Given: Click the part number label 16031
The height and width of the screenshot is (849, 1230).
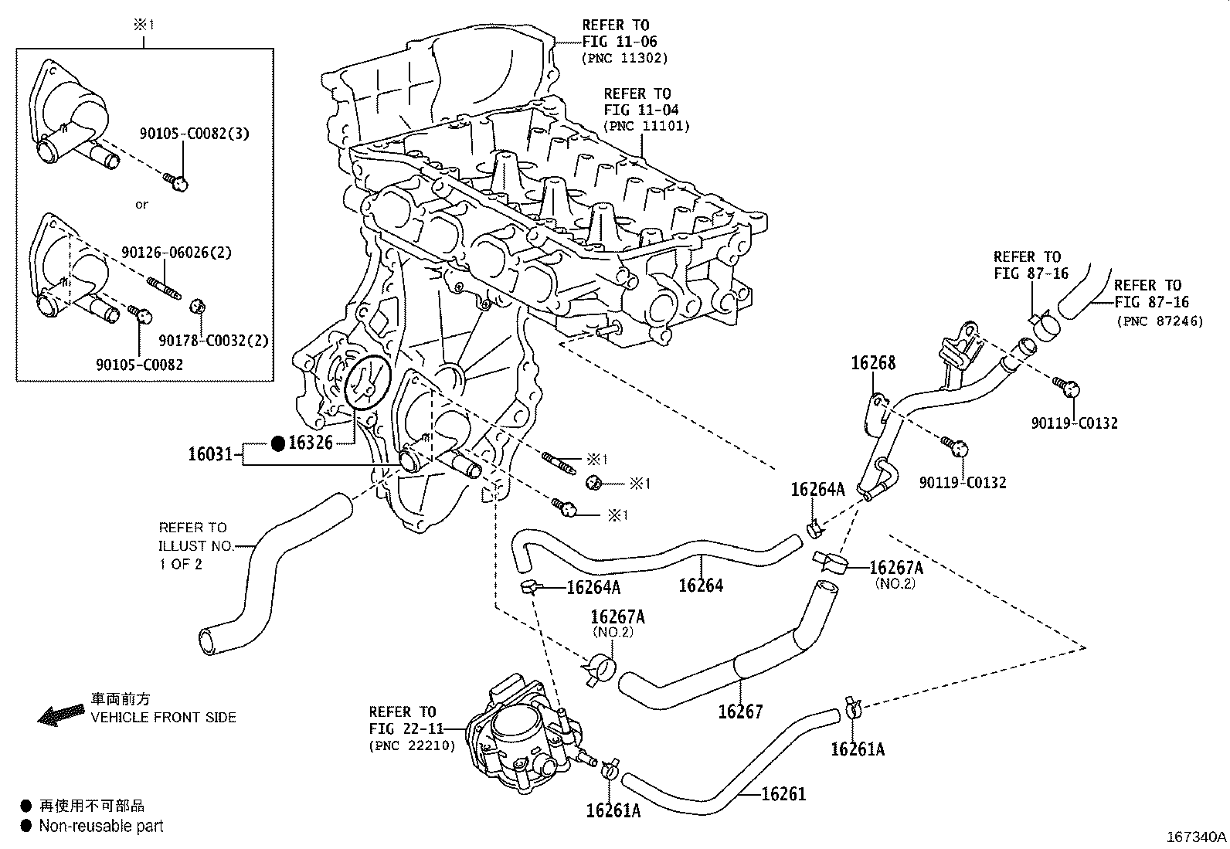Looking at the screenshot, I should pos(210,453).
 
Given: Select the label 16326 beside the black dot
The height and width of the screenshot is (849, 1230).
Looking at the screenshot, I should pos(311,443).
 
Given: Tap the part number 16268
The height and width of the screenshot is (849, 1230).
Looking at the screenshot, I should pos(873,362).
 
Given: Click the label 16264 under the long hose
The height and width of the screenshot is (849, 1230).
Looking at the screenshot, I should pos(701,586).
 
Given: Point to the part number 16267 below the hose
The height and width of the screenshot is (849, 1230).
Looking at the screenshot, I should pos(740,711).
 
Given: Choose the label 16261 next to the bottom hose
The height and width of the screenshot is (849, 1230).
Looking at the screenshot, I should pos(783,793).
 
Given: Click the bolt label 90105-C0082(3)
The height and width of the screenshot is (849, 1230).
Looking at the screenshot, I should pos(194,134).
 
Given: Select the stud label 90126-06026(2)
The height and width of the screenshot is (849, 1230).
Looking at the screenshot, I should pos(176,252).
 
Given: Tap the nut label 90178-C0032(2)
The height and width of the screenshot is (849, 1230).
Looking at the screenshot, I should pos(213,340).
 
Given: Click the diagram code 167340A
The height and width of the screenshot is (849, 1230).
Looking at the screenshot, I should pos(1196,837).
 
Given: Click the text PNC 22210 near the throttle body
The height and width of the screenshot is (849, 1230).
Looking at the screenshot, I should pos(412,745).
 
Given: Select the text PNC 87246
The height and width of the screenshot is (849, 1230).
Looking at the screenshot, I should pos(1159,321).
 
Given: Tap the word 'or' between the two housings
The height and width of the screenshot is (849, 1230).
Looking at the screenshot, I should pos(141,205).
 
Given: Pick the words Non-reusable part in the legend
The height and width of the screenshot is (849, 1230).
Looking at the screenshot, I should pos(102,826).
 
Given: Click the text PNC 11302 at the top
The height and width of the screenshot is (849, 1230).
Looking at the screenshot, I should pos(624,58).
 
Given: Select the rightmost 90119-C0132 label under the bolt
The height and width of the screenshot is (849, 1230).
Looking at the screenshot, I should pos(1074,423).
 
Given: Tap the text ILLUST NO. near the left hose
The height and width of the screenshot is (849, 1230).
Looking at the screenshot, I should pos(195,545).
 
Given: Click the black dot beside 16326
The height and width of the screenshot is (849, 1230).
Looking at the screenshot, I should pos(278,443).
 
